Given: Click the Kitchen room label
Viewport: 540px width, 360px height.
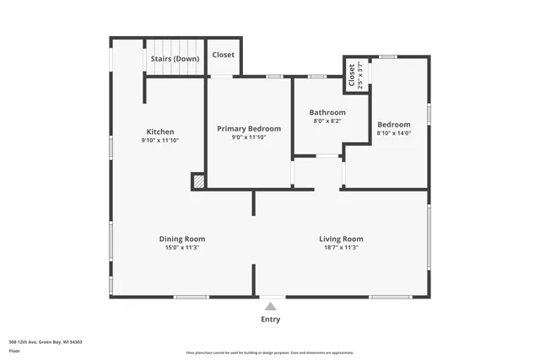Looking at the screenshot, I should (x=160, y=132).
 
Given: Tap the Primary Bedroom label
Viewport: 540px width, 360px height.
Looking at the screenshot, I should (x=249, y=128).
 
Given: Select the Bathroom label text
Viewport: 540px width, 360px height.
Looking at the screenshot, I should (x=327, y=112).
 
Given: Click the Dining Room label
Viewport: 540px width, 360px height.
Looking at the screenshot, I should (x=182, y=239).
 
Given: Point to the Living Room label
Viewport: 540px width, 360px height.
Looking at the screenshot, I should (x=341, y=239).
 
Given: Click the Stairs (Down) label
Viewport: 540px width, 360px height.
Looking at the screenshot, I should (x=175, y=59).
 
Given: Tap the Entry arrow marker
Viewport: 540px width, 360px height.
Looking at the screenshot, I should (x=270, y=307).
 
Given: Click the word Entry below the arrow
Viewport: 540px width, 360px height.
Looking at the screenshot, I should (x=270, y=320).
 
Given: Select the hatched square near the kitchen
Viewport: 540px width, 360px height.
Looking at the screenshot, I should (x=198, y=180).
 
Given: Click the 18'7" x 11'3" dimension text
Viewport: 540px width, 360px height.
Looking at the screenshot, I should (x=341, y=247).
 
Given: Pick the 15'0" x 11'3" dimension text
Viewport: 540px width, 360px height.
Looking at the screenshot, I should (x=182, y=247).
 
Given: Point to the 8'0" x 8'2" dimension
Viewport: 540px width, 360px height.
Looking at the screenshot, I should (x=327, y=121).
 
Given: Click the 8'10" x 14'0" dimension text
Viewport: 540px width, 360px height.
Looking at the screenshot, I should (x=394, y=132).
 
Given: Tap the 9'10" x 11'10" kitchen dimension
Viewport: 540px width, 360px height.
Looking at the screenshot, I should (x=160, y=140).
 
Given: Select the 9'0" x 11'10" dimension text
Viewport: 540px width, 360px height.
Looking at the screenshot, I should (x=249, y=137).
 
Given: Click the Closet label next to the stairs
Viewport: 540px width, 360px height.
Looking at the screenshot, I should (x=224, y=55).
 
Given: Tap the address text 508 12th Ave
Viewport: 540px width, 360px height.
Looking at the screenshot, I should (x=46, y=342).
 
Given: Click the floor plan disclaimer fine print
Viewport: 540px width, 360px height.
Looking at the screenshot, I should (x=270, y=352).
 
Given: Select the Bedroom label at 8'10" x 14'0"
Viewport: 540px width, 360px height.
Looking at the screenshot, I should (x=394, y=124).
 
